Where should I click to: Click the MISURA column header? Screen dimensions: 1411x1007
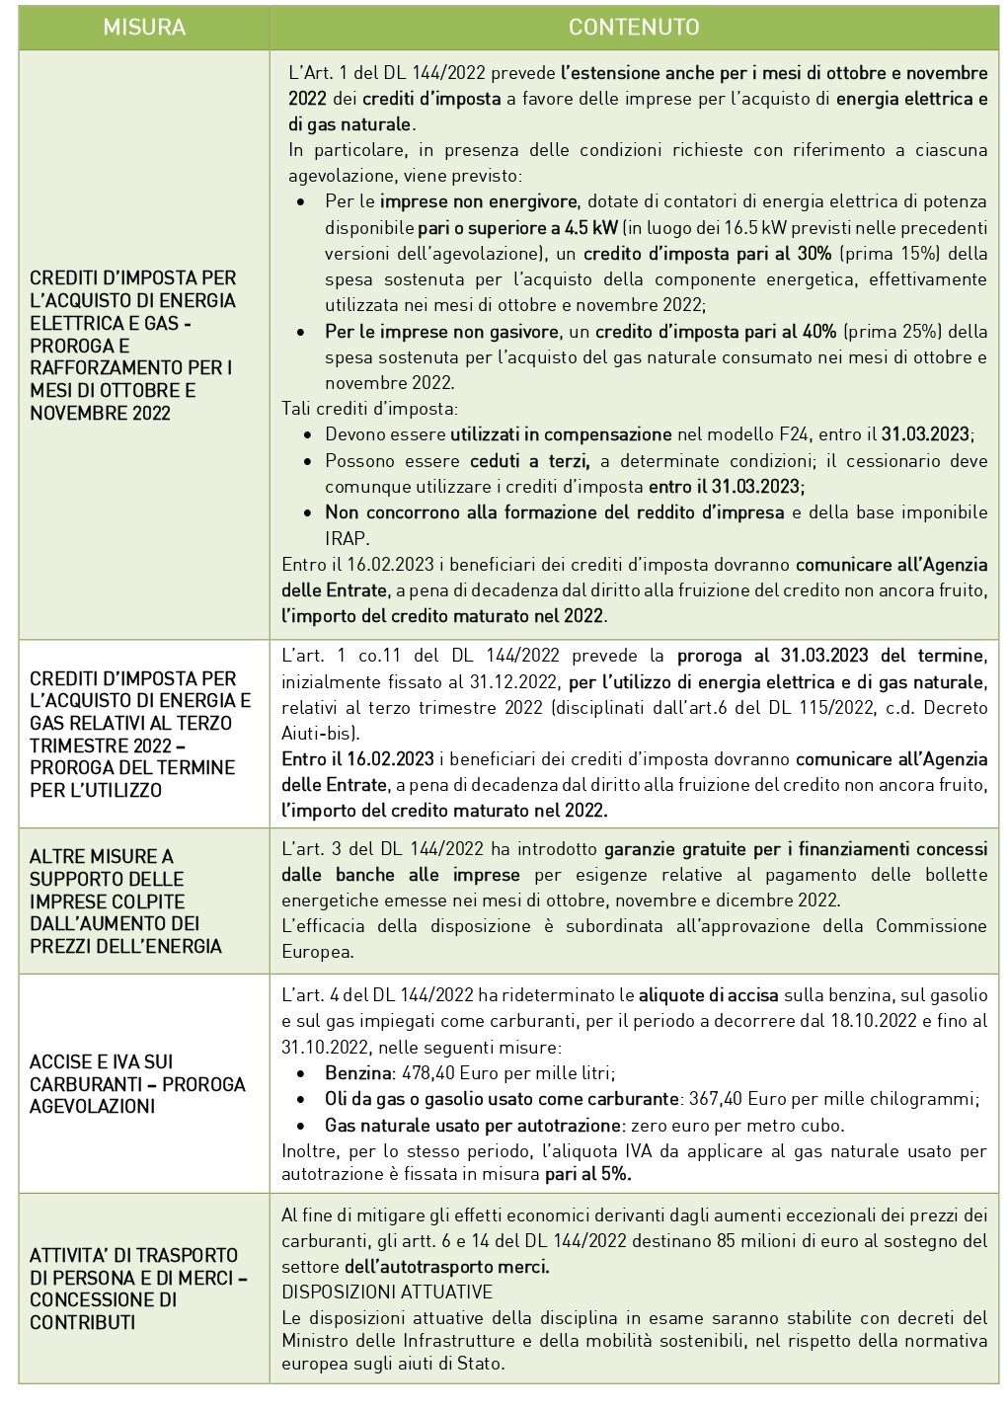coord(144,27)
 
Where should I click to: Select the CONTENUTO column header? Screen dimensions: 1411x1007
coord(634,27)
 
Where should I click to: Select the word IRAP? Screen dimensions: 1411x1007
coord(347,538)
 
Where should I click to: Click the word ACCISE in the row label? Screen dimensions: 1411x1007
coord(61,1061)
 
